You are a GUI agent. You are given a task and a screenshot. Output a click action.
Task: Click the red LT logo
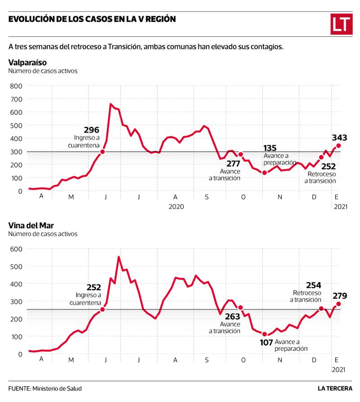(x=341, y=24)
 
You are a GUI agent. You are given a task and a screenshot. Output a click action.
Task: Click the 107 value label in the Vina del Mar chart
(x=266, y=342)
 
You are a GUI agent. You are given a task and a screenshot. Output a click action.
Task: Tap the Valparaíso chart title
(x=27, y=62)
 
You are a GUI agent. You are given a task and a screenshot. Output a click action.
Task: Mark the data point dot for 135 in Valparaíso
(x=265, y=173)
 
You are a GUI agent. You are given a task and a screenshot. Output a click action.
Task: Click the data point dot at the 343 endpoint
(x=338, y=146)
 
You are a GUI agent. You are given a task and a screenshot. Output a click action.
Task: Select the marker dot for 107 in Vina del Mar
(x=265, y=334)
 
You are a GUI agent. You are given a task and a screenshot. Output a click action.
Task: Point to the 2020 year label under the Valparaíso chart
(x=177, y=206)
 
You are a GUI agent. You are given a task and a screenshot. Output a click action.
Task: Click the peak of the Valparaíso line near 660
(x=111, y=104)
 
